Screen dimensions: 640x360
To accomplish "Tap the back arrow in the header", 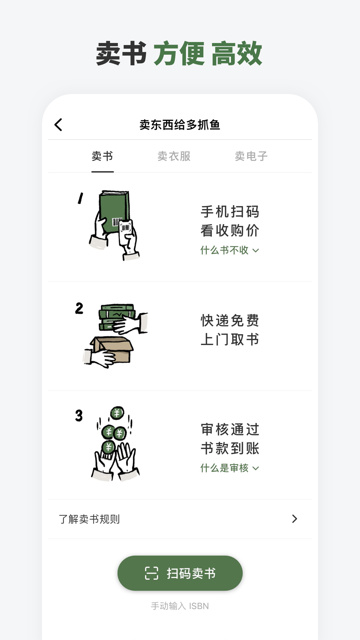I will click(58, 125).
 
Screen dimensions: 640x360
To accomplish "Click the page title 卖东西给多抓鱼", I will click(180, 125).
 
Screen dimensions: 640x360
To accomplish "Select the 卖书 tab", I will click(102, 156).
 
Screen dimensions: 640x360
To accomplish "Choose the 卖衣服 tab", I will click(174, 156).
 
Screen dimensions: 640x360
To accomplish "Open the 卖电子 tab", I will click(251, 156).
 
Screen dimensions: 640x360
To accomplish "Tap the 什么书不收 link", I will click(229, 250).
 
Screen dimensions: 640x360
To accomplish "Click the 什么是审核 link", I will click(229, 468).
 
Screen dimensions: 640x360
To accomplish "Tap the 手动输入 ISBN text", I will click(180, 606).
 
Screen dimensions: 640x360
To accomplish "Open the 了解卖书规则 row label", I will click(89, 519).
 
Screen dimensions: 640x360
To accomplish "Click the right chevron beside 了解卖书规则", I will click(294, 519).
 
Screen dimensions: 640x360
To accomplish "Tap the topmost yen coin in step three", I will click(117, 413).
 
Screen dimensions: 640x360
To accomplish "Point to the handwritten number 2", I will click(79, 308).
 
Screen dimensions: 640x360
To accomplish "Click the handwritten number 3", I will click(79, 415).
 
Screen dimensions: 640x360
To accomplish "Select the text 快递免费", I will click(230, 321).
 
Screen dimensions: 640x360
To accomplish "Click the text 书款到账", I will click(230, 448).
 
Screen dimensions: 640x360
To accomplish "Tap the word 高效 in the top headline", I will click(237, 53).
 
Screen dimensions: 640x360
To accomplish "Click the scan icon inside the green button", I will click(152, 573).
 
